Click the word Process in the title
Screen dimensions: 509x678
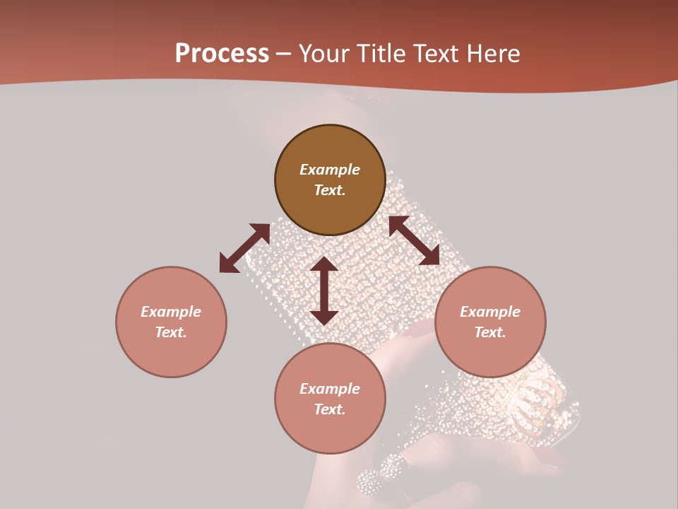pyautogui.click(x=222, y=54)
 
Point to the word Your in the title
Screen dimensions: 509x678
pyautogui.click(x=326, y=54)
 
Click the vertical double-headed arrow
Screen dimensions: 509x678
pyautogui.click(x=324, y=291)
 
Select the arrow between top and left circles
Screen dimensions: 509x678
pyautogui.click(x=244, y=248)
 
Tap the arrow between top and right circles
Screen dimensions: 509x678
pyautogui.click(x=414, y=241)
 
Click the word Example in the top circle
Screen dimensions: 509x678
pyautogui.click(x=330, y=170)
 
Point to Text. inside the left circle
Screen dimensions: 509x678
pyautogui.click(x=171, y=332)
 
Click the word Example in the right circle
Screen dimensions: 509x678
pyautogui.click(x=490, y=312)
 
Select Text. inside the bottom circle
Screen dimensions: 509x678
pyautogui.click(x=330, y=409)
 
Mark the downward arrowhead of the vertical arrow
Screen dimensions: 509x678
pyautogui.click(x=324, y=317)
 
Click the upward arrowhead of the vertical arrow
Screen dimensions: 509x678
pyautogui.click(x=324, y=265)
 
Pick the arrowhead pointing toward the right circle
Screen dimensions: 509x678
pyautogui.click(x=429, y=256)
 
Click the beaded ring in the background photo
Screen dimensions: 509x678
pyautogui.click(x=381, y=475)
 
